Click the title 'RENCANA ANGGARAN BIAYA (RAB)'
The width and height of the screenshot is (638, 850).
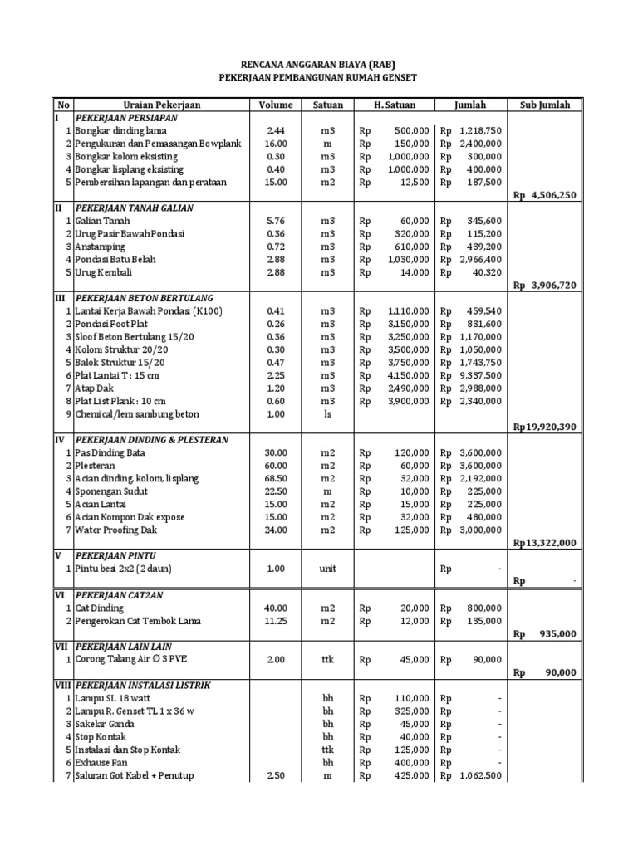coord(317,63)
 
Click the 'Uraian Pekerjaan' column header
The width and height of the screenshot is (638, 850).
coord(162,105)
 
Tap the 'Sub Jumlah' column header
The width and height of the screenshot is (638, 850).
coord(544,105)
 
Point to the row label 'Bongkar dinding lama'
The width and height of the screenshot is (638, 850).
coord(122,131)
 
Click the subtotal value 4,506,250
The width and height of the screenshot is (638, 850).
coord(555,195)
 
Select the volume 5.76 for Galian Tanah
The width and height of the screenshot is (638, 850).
coord(276,221)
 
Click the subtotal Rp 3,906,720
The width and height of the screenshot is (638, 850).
coord(544,285)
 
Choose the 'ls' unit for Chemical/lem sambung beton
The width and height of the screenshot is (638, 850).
coord(328,414)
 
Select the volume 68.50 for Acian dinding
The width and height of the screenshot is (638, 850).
coord(276,478)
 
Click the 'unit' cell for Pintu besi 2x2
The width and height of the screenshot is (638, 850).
coord(328,569)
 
